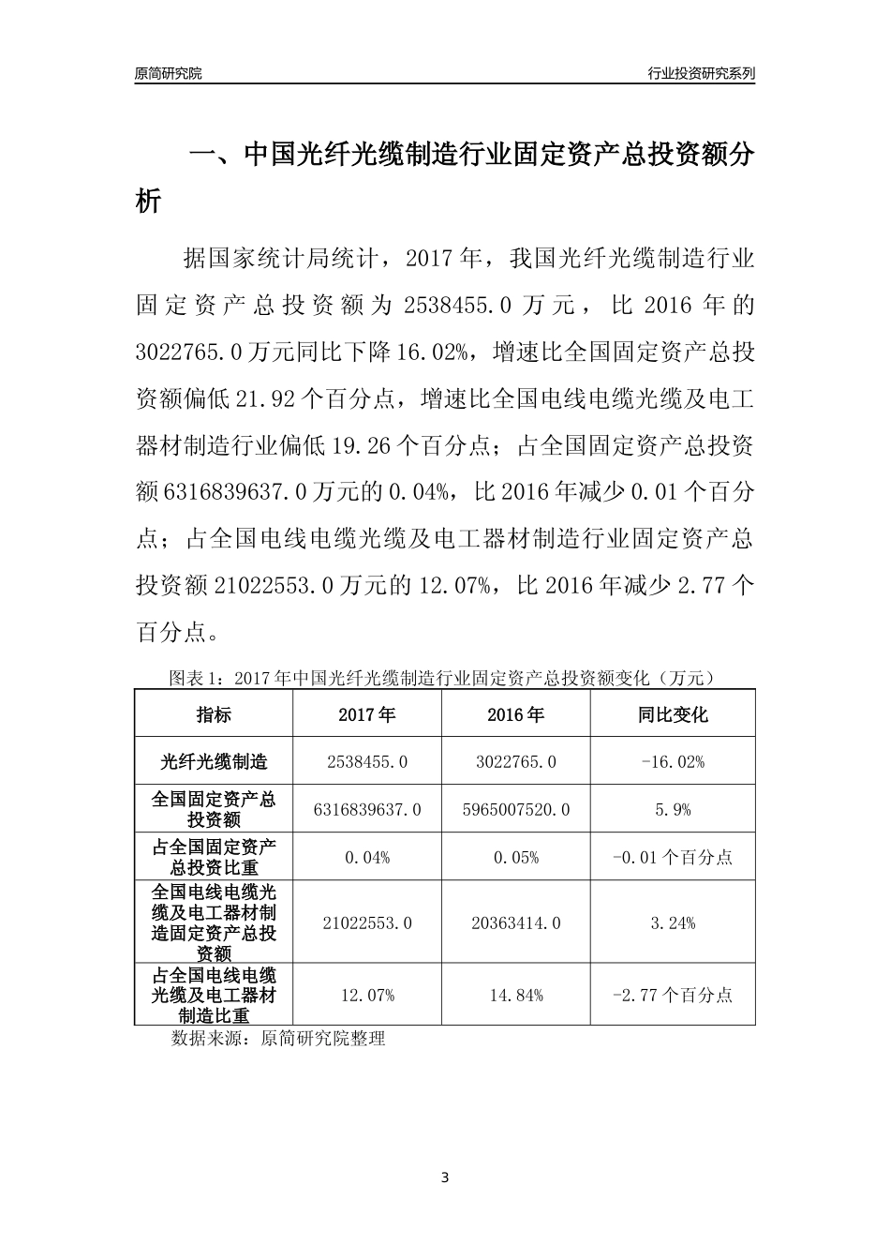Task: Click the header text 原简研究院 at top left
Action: pos(169,73)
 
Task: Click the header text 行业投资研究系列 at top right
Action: pos(701,73)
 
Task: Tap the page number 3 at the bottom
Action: pos(445,1177)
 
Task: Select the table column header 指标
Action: pos(214,714)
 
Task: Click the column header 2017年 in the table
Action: pos(366,714)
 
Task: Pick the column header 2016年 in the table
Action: pos(515,714)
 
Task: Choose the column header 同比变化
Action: pos(673,714)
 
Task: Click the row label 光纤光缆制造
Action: pos(214,761)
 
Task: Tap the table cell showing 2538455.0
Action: pos(367,762)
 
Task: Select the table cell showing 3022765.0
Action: pos(515,762)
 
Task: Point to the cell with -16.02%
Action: pos(673,762)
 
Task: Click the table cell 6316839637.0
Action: pos(367,809)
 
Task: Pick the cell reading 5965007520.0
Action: pos(515,809)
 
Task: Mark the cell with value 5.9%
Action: pos(673,809)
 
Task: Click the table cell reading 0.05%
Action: pos(515,857)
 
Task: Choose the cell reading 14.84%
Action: pos(515,995)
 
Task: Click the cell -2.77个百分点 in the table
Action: pos(673,995)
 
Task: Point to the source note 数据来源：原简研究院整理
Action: pos(278,1039)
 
